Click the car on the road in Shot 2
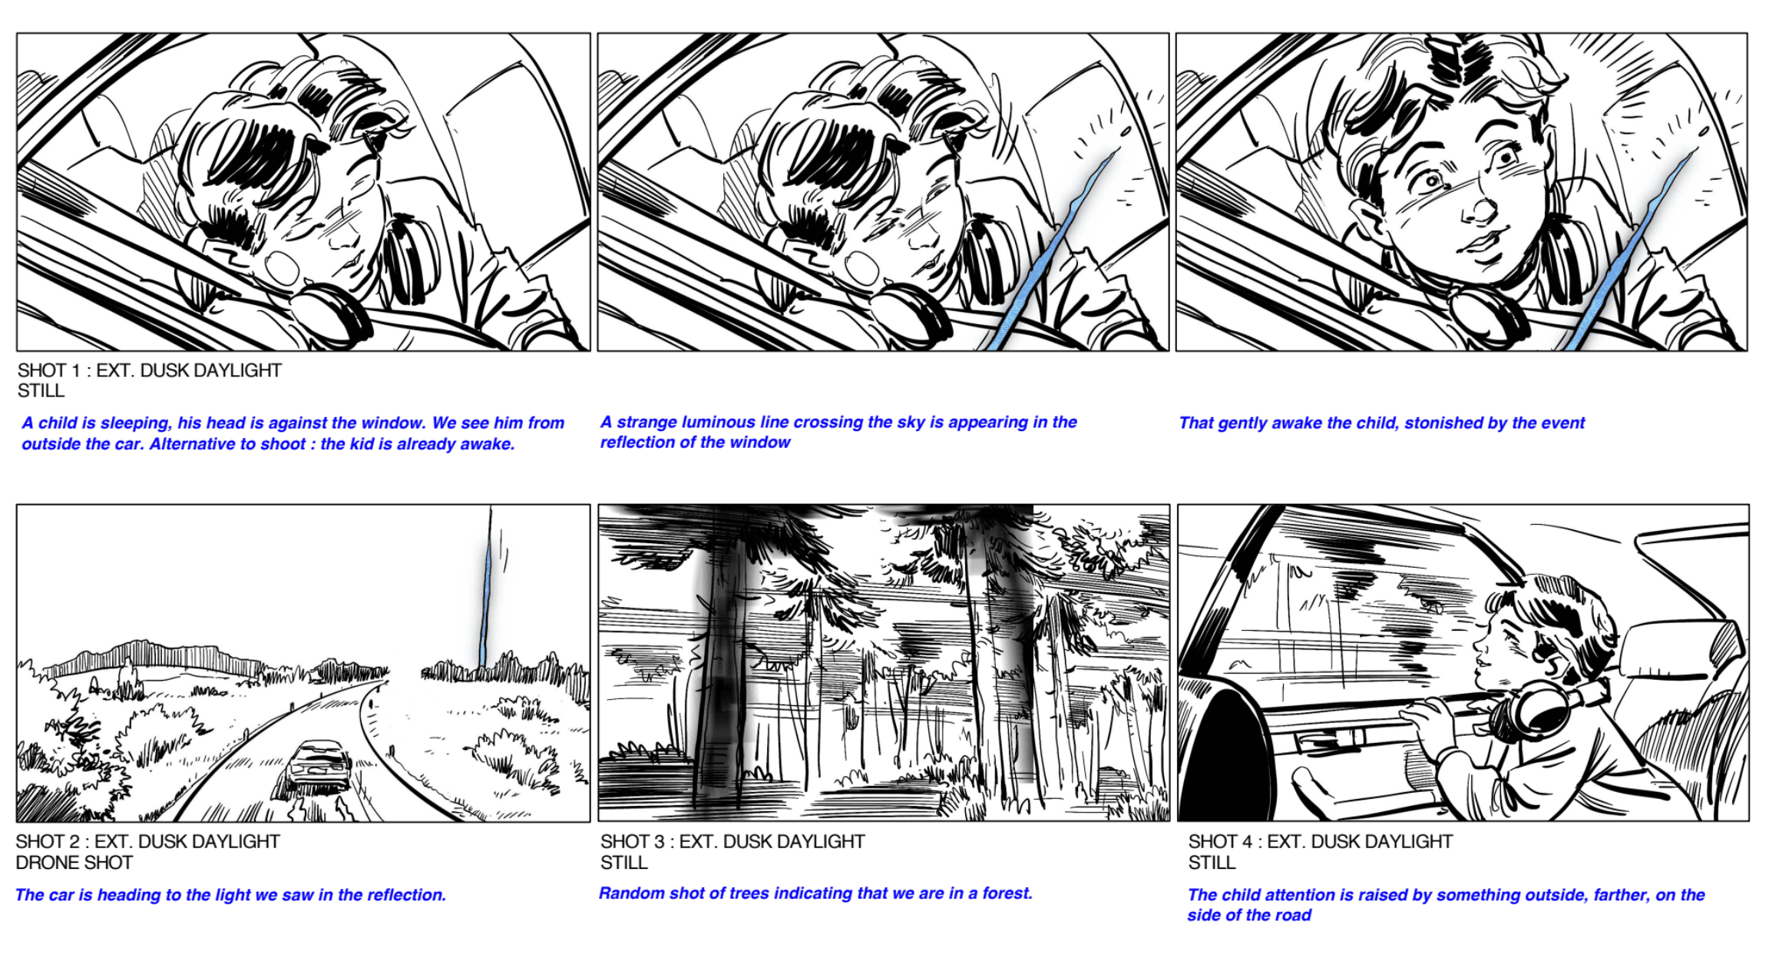pos(319,765)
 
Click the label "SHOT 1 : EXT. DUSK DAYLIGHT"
pos(150,370)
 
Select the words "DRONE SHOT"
pos(74,863)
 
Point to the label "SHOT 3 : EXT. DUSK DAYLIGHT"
pos(732,841)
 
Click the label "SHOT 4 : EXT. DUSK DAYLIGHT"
pos(1320,841)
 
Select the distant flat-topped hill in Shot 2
pos(154,657)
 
